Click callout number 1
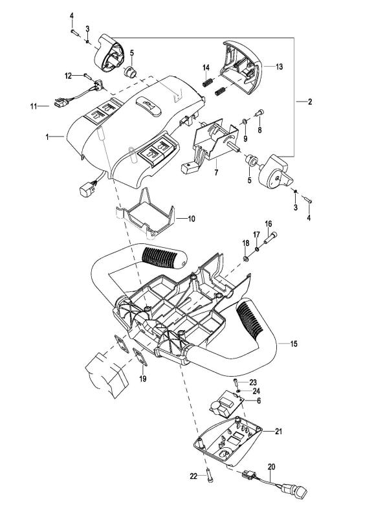point(47,137)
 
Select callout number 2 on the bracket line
point(309,102)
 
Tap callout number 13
point(279,67)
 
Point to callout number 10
point(192,219)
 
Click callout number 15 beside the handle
point(294,344)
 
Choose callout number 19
point(143,379)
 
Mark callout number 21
point(278,431)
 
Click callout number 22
point(193,476)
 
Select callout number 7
point(216,173)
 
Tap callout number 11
point(33,106)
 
